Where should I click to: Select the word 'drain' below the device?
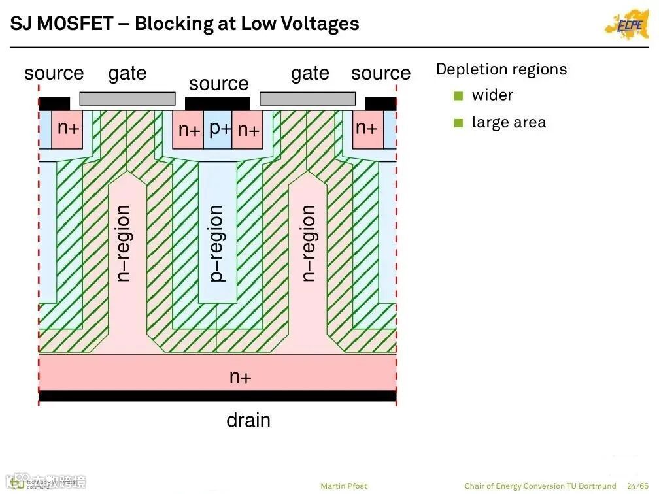(248, 420)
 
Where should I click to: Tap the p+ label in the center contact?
(220, 128)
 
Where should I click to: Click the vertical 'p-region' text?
(216, 243)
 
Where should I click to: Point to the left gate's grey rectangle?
(127, 99)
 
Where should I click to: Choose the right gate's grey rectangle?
(307, 99)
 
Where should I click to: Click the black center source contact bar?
(218, 103)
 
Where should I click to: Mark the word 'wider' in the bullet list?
(492, 95)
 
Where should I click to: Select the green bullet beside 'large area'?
(458, 123)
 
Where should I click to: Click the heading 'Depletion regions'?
(501, 69)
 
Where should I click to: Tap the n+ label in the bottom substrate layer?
(240, 376)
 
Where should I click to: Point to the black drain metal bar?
(218, 396)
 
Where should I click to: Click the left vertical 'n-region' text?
(123, 243)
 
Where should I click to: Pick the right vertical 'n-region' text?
(308, 243)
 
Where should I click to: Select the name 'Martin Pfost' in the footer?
(344, 486)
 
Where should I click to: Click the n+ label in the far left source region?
(68, 127)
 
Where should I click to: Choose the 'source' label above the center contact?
(218, 84)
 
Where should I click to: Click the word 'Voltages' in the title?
(324, 24)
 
